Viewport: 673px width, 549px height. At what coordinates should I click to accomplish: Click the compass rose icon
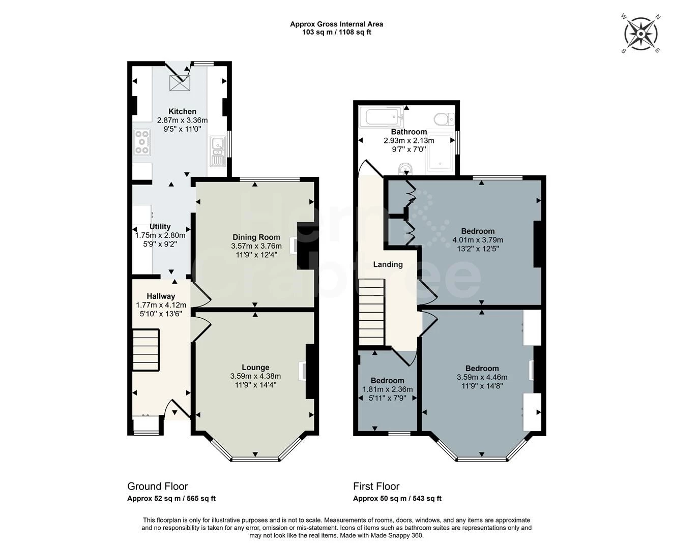coord(641,34)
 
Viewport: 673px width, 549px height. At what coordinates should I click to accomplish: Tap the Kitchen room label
coord(182,111)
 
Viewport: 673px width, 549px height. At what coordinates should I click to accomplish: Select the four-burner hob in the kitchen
coord(142,142)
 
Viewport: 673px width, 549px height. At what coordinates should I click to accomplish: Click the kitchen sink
coord(218,151)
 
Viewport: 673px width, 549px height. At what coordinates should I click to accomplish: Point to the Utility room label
coord(160,226)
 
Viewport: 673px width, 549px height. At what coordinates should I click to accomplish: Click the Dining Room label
coord(256,237)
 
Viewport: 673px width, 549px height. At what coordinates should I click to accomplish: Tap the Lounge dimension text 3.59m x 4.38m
coord(255,376)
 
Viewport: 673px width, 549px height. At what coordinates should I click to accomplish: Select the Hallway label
coord(161,296)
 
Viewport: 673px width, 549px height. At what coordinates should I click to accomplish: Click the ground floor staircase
coord(145,350)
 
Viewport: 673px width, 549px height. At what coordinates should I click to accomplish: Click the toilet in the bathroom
coord(444,119)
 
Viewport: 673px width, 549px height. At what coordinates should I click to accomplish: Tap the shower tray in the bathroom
coord(441,152)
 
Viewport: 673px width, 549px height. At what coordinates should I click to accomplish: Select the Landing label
coord(388,264)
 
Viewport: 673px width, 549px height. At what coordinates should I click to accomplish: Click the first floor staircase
coord(372,312)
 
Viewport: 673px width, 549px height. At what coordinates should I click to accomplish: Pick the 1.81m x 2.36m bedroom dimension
coord(388,389)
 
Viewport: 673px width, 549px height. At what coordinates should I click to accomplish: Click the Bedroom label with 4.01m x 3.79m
coord(478,231)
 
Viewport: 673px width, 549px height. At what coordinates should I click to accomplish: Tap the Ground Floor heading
coord(158,486)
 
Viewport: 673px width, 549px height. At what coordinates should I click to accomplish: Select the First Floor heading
coord(376,486)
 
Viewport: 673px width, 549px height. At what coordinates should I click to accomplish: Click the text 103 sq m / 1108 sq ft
coord(337,32)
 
